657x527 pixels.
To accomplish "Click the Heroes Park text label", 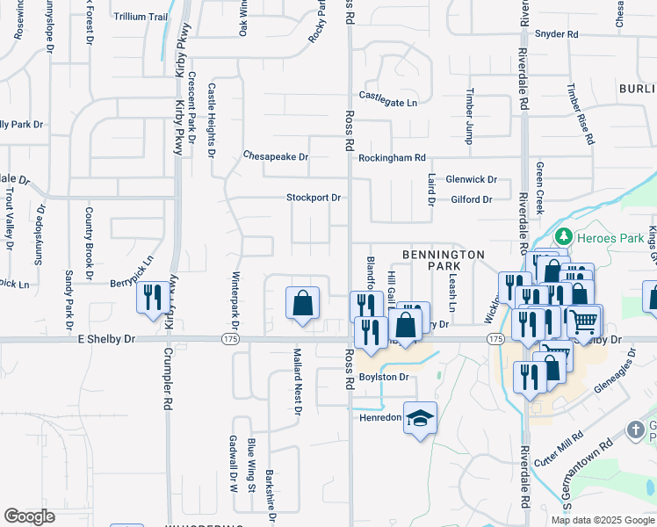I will click(603, 236).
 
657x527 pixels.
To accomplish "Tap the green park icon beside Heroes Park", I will click(562, 236).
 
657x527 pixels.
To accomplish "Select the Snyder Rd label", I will click(559, 34).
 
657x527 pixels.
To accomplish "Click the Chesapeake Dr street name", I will click(276, 157).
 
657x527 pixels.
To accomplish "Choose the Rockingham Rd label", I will click(392, 158).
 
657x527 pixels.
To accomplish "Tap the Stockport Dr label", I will click(314, 198).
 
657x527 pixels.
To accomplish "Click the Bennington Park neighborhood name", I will click(444, 259).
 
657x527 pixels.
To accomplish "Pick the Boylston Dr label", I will click(385, 377).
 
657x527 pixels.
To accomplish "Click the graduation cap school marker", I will click(421, 417).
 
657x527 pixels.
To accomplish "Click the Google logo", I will click(30, 516).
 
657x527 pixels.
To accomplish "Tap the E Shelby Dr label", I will click(106, 338).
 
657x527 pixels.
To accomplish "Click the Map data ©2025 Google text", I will click(602, 520).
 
